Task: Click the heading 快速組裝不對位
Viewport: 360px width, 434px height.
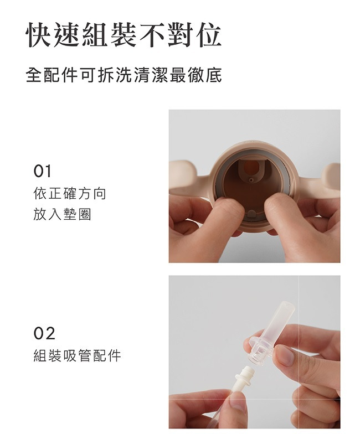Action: [124, 35]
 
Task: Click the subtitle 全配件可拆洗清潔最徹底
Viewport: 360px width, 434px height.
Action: [124, 75]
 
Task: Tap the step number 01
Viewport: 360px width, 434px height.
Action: [42, 172]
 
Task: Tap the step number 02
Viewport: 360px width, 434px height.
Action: [44, 333]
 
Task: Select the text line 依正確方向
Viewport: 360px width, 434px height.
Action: [70, 194]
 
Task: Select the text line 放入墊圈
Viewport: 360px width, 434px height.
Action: [62, 214]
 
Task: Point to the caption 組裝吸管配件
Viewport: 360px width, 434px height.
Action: [77, 355]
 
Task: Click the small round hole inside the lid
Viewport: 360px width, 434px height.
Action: [251, 179]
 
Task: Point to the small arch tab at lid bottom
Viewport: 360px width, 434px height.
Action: [251, 214]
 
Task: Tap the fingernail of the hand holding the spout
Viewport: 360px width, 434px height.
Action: [285, 355]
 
